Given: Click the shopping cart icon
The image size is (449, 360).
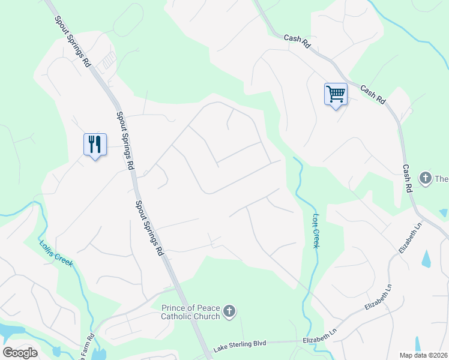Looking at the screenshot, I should tap(336, 94).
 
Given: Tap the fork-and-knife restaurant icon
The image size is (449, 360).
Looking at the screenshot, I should tap(95, 144).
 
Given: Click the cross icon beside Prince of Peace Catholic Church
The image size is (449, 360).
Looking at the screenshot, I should tap(229, 311).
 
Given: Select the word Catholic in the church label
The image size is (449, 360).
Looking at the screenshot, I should tap(179, 316).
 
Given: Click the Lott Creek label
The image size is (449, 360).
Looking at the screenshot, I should tap(316, 230).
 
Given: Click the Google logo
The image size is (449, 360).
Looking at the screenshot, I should tap(20, 353).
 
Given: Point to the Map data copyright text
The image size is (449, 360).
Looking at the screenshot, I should tap(423, 355).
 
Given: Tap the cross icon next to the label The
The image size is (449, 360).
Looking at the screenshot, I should tap(425, 178).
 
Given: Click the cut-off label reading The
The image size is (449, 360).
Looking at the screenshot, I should tap(441, 178).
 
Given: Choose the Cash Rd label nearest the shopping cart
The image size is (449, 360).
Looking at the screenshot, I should tap(372, 94).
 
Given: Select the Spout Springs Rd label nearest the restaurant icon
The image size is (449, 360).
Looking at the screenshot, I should tap(125, 140).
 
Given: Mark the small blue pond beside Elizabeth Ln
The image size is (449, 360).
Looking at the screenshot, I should tap(426, 259).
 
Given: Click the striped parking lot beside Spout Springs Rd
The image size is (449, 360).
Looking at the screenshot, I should tap(108, 60).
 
